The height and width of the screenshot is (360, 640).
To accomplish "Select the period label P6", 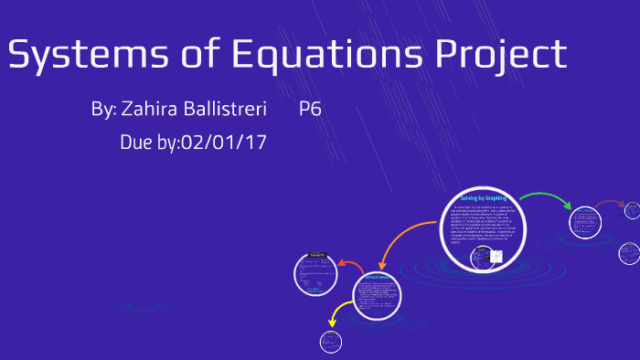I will coord(310,110).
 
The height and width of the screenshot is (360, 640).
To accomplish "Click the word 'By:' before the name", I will coord(103,110).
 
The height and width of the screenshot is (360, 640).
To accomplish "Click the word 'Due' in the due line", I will coord(137,143).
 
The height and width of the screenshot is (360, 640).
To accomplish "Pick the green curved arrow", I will coord(546,196).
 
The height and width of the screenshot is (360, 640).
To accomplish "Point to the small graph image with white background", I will coord(496,257).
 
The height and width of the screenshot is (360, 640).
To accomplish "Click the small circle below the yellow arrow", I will coord(330,342).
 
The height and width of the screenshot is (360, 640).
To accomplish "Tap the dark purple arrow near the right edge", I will coord(607,204).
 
